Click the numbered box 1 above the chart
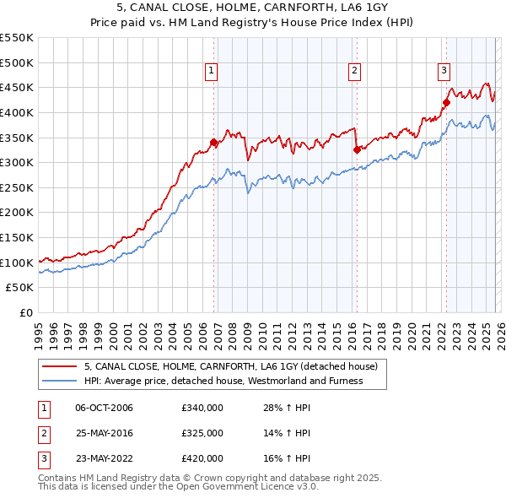210,72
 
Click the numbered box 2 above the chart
354,72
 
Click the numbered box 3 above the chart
444,72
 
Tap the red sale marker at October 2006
214,143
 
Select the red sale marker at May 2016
357,150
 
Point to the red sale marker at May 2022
446,103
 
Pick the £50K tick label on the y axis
20,288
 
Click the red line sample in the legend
59,366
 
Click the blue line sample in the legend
59,381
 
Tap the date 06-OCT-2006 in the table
104,408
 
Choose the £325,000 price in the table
202,433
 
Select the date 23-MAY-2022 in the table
104,458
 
